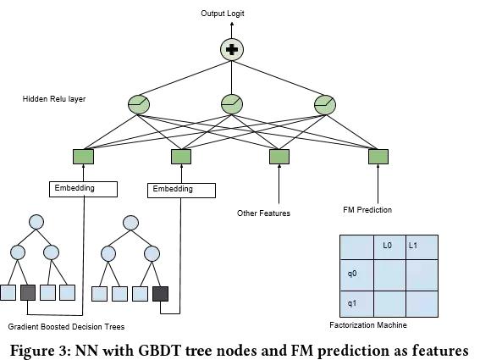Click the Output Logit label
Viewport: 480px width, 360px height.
tap(223, 14)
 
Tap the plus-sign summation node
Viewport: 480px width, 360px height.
tap(232, 50)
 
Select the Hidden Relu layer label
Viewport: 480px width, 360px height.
tap(54, 99)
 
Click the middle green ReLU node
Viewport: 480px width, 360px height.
tap(232, 104)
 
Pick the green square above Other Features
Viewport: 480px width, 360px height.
tap(279, 157)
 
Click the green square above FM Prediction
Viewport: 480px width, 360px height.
tap(378, 157)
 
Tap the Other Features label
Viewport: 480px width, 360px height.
tap(263, 213)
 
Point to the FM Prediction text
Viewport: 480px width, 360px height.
tap(367, 210)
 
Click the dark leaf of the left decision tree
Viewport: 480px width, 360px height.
tap(28, 292)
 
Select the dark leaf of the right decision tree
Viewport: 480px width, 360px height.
tap(160, 294)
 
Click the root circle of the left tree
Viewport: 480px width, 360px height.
tap(36, 222)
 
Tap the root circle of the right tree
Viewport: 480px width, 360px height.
tap(130, 223)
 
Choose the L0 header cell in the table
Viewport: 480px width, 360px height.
tap(389, 247)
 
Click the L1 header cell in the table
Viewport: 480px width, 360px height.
tap(422, 247)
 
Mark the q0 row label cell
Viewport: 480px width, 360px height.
tap(356, 275)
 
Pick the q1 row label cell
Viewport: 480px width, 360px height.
tap(356, 304)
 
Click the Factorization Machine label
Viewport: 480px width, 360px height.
tap(368, 325)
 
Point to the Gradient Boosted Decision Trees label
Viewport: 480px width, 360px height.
tap(66, 327)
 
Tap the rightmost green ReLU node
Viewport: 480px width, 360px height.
tap(325, 104)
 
